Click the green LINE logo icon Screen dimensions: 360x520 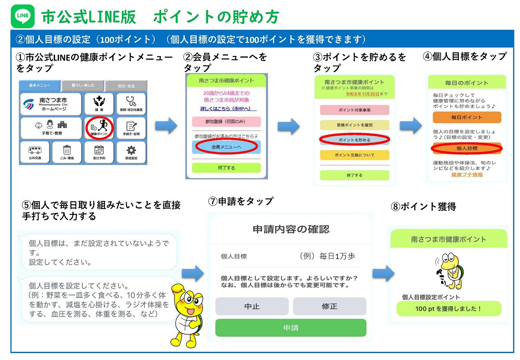[x=23, y=16]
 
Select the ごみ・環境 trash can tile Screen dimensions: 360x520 [x=67, y=152]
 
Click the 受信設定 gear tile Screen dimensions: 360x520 [x=131, y=152]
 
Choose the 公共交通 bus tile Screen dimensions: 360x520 [x=35, y=152]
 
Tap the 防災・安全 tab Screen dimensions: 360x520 [x=126, y=86]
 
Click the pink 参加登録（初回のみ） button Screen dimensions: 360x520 [x=226, y=121]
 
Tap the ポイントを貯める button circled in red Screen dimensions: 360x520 [x=354, y=140]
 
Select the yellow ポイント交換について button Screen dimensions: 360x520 [x=354, y=155]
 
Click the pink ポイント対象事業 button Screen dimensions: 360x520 [x=354, y=110]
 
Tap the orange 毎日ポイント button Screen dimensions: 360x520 [x=467, y=117]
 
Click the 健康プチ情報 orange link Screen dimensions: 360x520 [x=467, y=174]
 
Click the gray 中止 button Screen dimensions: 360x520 [x=252, y=306]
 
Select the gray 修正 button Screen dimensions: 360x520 [x=329, y=306]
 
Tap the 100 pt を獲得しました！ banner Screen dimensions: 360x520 [x=448, y=309]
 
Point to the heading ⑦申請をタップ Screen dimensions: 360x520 [x=240, y=201]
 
